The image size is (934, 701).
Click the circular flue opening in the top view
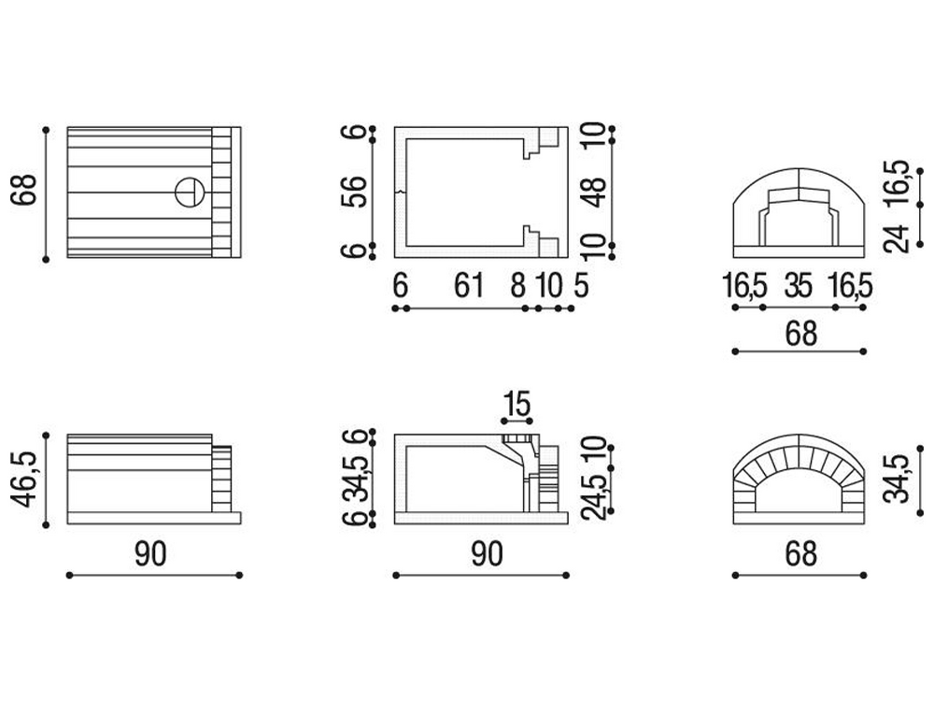pos(190,192)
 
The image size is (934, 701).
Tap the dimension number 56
pos(354,192)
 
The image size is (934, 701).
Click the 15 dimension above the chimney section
pos(517,404)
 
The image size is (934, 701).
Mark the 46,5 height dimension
pos(25,479)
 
